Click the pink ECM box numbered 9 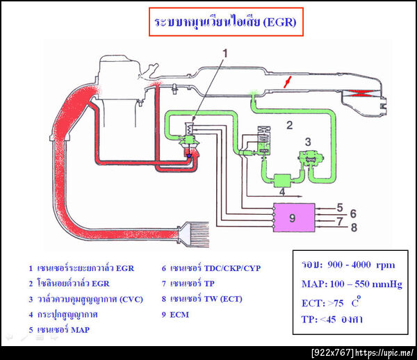[x=293, y=217]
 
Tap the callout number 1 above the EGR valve [x=225, y=53]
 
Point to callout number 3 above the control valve [x=309, y=142]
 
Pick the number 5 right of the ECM [x=341, y=206]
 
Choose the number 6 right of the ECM [x=353, y=213]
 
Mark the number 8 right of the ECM [x=353, y=227]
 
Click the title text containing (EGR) [x=225, y=22]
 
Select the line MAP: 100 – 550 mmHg [x=352, y=284]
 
